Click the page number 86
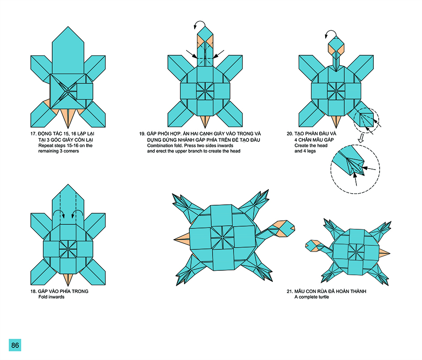pyautogui.click(x=15, y=345)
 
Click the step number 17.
pyautogui.click(x=33, y=134)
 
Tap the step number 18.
pyautogui.click(x=33, y=291)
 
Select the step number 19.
pyautogui.click(x=142, y=134)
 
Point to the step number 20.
pyautogui.click(x=289, y=134)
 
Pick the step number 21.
pyautogui.click(x=289, y=291)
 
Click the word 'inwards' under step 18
pyautogui.click(x=56, y=297)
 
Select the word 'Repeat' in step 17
pyautogui.click(x=45, y=145)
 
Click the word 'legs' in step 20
pyautogui.click(x=311, y=151)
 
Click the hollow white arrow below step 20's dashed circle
pyautogui.click(x=361, y=138)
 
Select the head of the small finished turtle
pyautogui.click(x=313, y=246)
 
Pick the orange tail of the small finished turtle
pyautogui.click(x=384, y=252)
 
